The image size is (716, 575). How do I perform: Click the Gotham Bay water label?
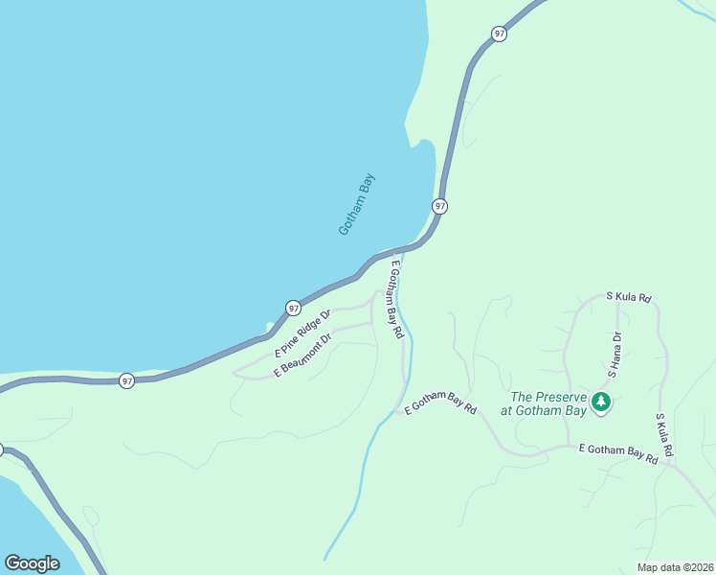[358, 204]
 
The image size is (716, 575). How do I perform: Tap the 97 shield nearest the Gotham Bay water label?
[439, 206]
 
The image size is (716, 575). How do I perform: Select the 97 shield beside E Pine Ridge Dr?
[293, 308]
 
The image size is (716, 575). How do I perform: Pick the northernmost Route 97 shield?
[499, 34]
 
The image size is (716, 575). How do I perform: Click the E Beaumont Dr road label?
[302, 355]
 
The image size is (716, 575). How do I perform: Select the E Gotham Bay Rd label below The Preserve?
[617, 454]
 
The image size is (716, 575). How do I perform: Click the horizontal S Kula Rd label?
[629, 298]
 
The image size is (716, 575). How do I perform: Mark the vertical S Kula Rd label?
[664, 434]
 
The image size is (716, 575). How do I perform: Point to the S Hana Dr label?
[614, 355]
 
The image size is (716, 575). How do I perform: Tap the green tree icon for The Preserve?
[601, 402]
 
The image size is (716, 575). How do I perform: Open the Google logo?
[32, 563]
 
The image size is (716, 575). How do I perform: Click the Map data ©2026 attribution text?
[674, 567]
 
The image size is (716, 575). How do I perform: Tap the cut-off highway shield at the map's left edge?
[1, 449]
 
